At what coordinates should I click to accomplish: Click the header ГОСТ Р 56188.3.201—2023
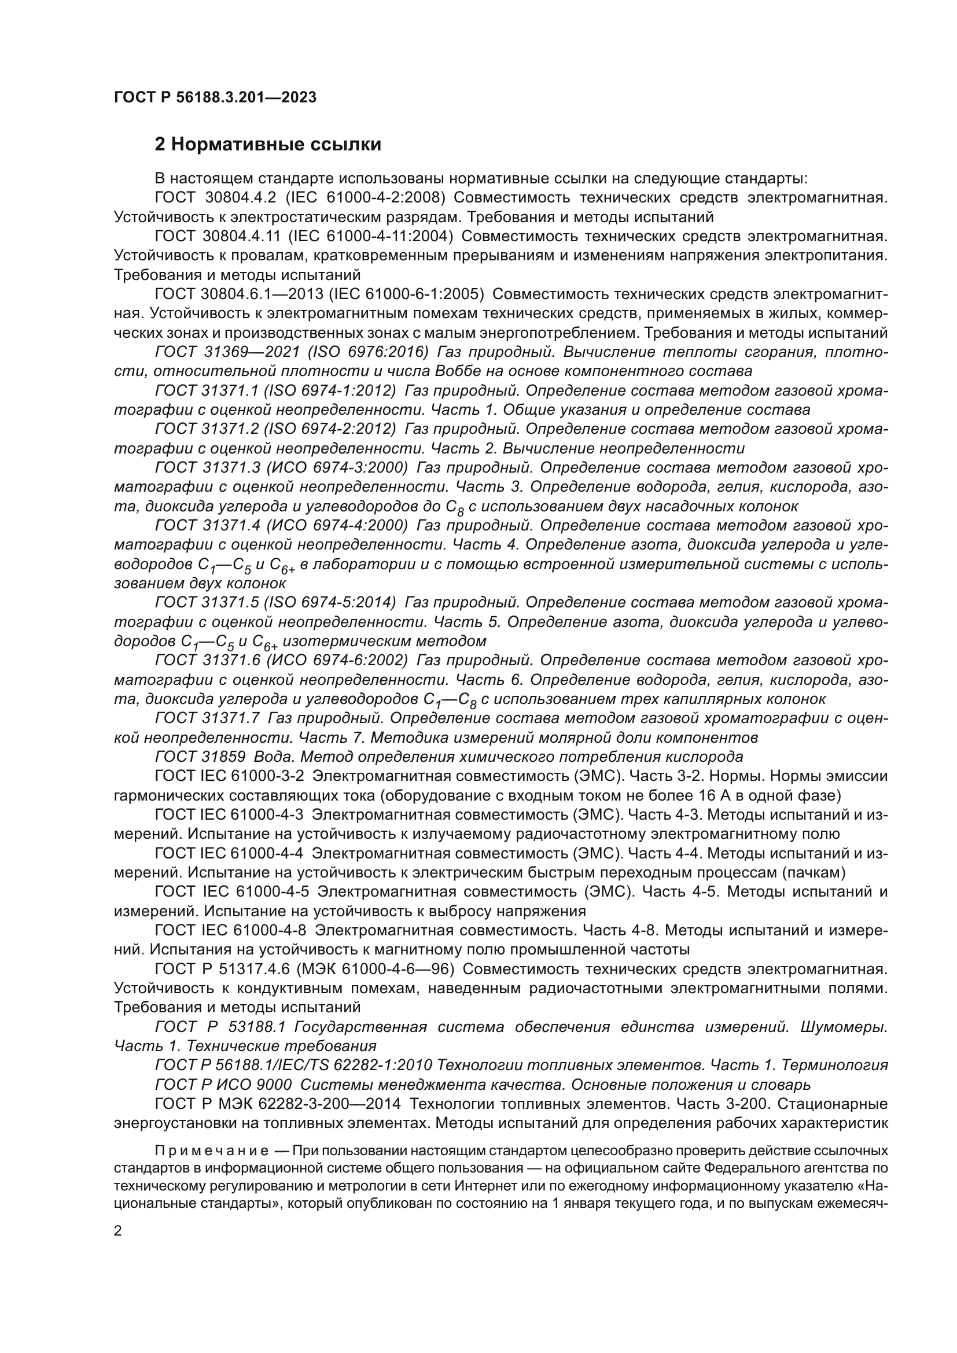point(215,98)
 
